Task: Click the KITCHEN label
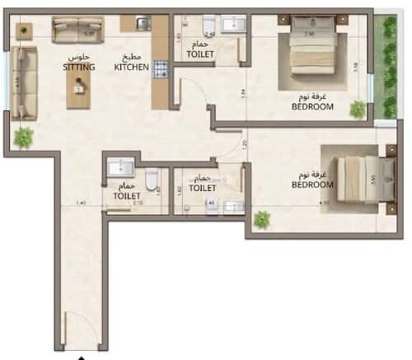[133, 68]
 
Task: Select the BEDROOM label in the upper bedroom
[311, 106]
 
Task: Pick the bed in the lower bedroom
[349, 181]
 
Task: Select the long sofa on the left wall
[26, 81]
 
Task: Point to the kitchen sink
[141, 24]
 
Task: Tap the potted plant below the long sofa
[22, 136]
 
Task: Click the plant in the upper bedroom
[357, 110]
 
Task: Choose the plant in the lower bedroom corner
[262, 220]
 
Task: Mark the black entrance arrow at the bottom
[80, 356]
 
